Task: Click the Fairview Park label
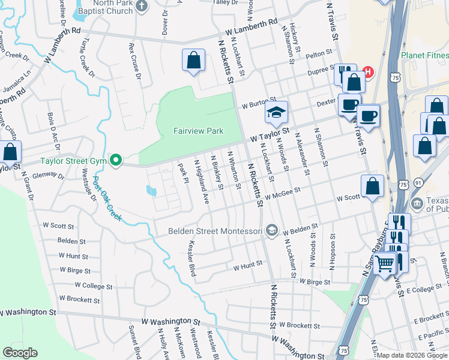(x=198, y=130)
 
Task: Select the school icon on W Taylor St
(x=276, y=112)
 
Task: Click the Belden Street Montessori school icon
(x=272, y=231)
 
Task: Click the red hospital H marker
(x=368, y=73)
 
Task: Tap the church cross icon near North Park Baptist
(x=142, y=7)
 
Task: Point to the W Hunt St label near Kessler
(x=248, y=264)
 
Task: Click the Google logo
(x=20, y=353)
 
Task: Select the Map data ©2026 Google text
(x=411, y=355)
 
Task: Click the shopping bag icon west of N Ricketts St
(x=193, y=61)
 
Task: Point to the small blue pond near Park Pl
(x=151, y=191)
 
